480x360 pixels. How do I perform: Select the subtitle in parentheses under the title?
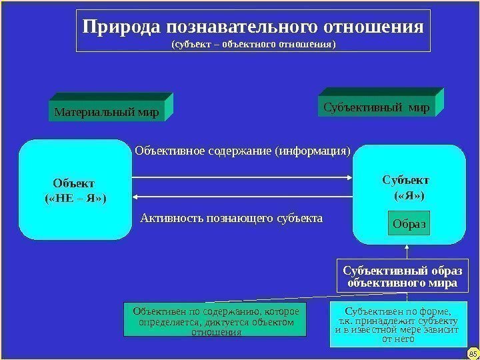(254, 45)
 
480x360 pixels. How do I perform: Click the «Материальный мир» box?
(107, 112)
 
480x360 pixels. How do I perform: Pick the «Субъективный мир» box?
(377, 106)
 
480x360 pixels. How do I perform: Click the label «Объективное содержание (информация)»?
(243, 151)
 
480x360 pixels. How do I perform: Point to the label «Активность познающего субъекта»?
(232, 218)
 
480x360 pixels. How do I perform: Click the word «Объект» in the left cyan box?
(74, 183)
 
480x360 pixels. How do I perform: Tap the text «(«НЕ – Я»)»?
(75, 199)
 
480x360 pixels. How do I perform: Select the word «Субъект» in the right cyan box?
(405, 180)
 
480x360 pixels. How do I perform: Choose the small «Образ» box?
(409, 224)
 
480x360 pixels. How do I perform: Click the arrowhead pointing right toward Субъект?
(348, 177)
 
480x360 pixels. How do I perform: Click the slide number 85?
(473, 352)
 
